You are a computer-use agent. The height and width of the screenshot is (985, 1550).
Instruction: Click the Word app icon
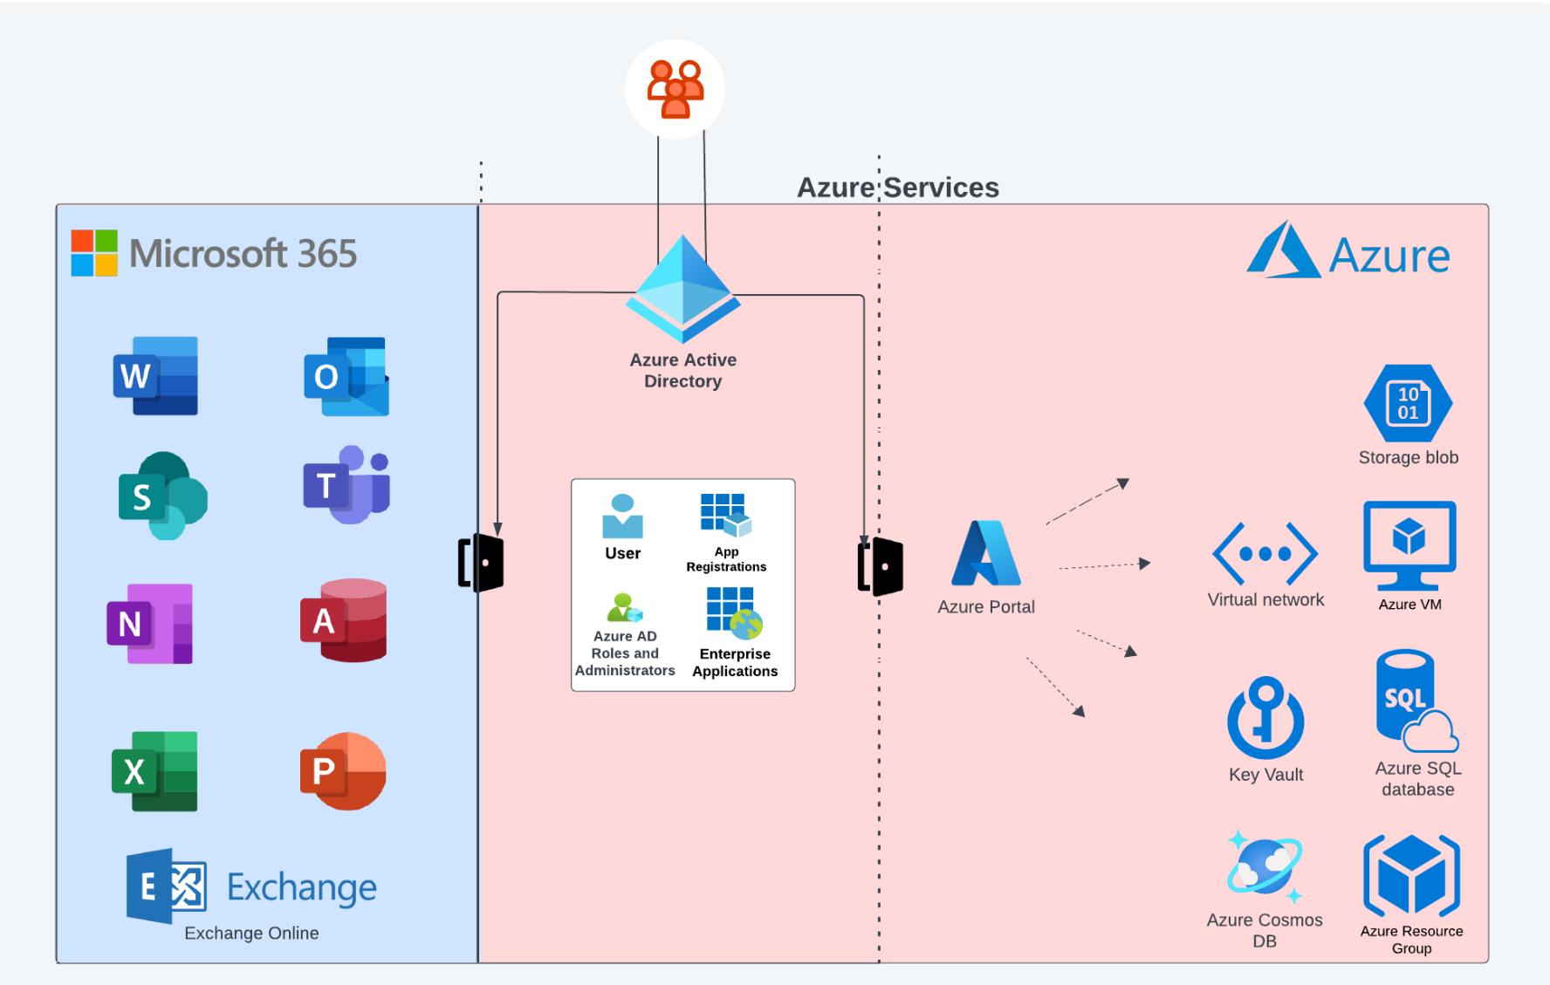click(155, 376)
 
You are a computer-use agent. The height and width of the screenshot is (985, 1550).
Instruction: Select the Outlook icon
click(346, 377)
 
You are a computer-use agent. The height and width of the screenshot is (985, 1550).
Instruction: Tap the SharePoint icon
click(162, 496)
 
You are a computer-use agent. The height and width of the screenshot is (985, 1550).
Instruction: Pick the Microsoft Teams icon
click(346, 484)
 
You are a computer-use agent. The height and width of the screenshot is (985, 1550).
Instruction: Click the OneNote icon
click(150, 624)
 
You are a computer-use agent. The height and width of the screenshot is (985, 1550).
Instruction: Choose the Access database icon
click(344, 620)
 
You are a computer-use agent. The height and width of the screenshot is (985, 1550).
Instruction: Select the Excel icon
click(154, 771)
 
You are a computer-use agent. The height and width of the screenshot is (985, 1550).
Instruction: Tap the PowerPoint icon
click(343, 771)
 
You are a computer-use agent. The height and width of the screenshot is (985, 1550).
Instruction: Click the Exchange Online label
click(251, 933)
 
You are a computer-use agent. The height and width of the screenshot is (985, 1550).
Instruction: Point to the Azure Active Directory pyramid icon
click(682, 289)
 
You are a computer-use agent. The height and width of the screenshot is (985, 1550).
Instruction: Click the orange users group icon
click(675, 89)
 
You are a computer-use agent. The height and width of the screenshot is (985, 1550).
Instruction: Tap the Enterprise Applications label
click(735, 662)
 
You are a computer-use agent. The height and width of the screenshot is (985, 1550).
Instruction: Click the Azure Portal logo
click(986, 554)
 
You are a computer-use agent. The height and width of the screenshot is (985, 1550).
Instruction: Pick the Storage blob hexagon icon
click(1408, 403)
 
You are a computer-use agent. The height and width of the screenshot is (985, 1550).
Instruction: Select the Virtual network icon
click(1265, 554)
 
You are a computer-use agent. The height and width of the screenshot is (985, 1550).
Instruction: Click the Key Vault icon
click(1265, 718)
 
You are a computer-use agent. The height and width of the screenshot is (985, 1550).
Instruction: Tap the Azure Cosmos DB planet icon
click(1265, 867)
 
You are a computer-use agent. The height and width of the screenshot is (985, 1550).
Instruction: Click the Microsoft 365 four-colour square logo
click(94, 253)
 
